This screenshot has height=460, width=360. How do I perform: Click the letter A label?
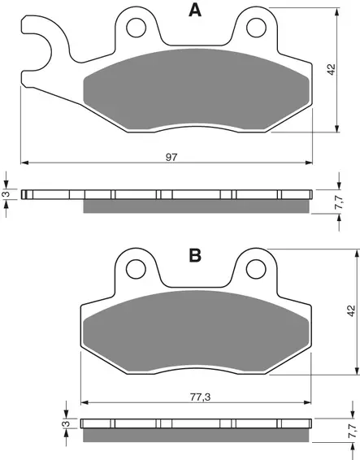click(195, 11)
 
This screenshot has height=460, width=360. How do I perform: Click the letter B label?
click(195, 255)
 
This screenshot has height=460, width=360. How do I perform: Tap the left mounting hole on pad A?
click(137, 28)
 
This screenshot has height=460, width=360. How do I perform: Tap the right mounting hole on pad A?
click(257, 28)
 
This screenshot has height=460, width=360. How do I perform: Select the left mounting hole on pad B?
click(136, 269)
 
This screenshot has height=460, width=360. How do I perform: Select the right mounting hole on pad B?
click(256, 269)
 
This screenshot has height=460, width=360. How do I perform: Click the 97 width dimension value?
click(171, 157)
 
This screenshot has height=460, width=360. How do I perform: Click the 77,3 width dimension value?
click(201, 397)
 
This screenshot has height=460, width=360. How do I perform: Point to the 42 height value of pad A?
click(332, 70)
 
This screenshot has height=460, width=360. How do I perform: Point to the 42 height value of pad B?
click(351, 311)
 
